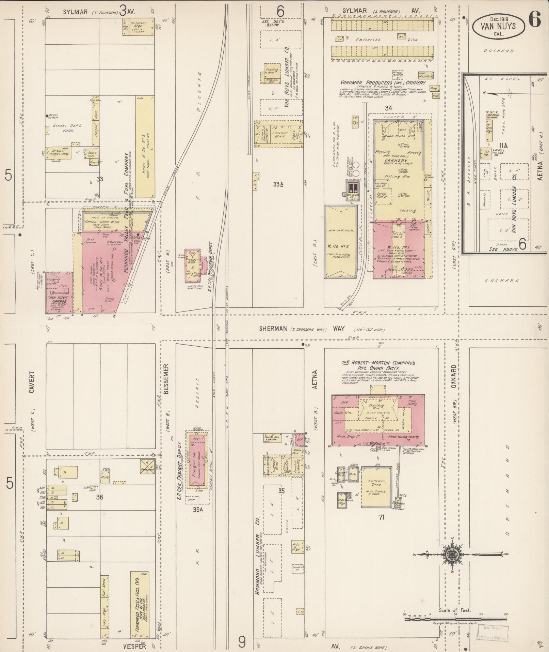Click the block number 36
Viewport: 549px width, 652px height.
99,497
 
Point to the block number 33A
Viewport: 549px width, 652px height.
278,184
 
